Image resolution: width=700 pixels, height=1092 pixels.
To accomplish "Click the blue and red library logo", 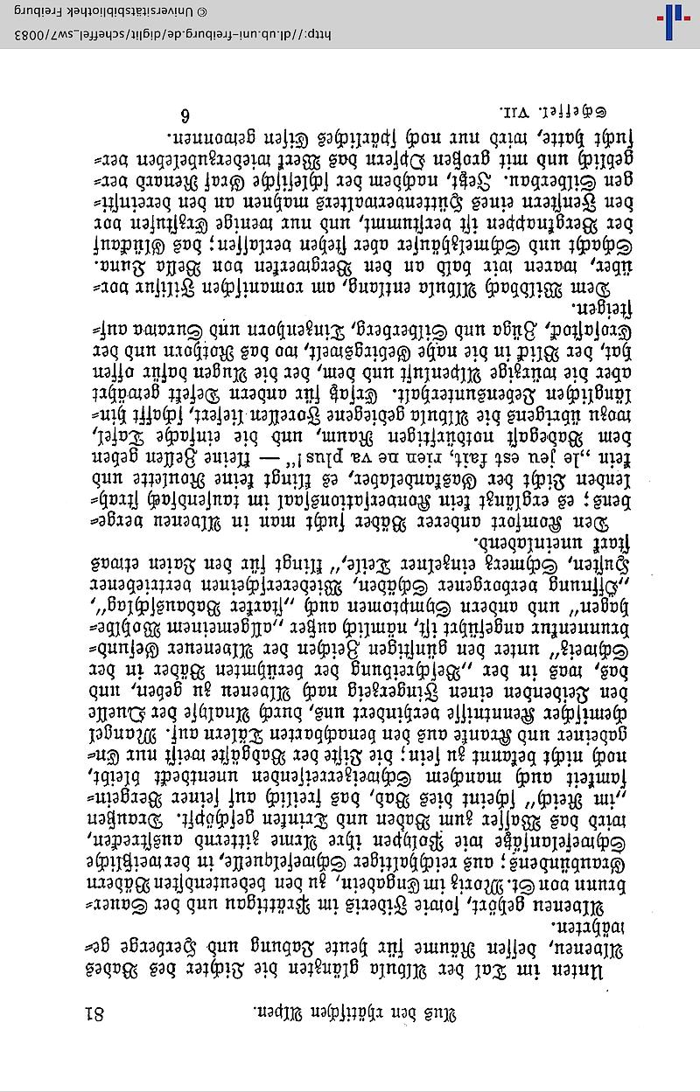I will (678, 22).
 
